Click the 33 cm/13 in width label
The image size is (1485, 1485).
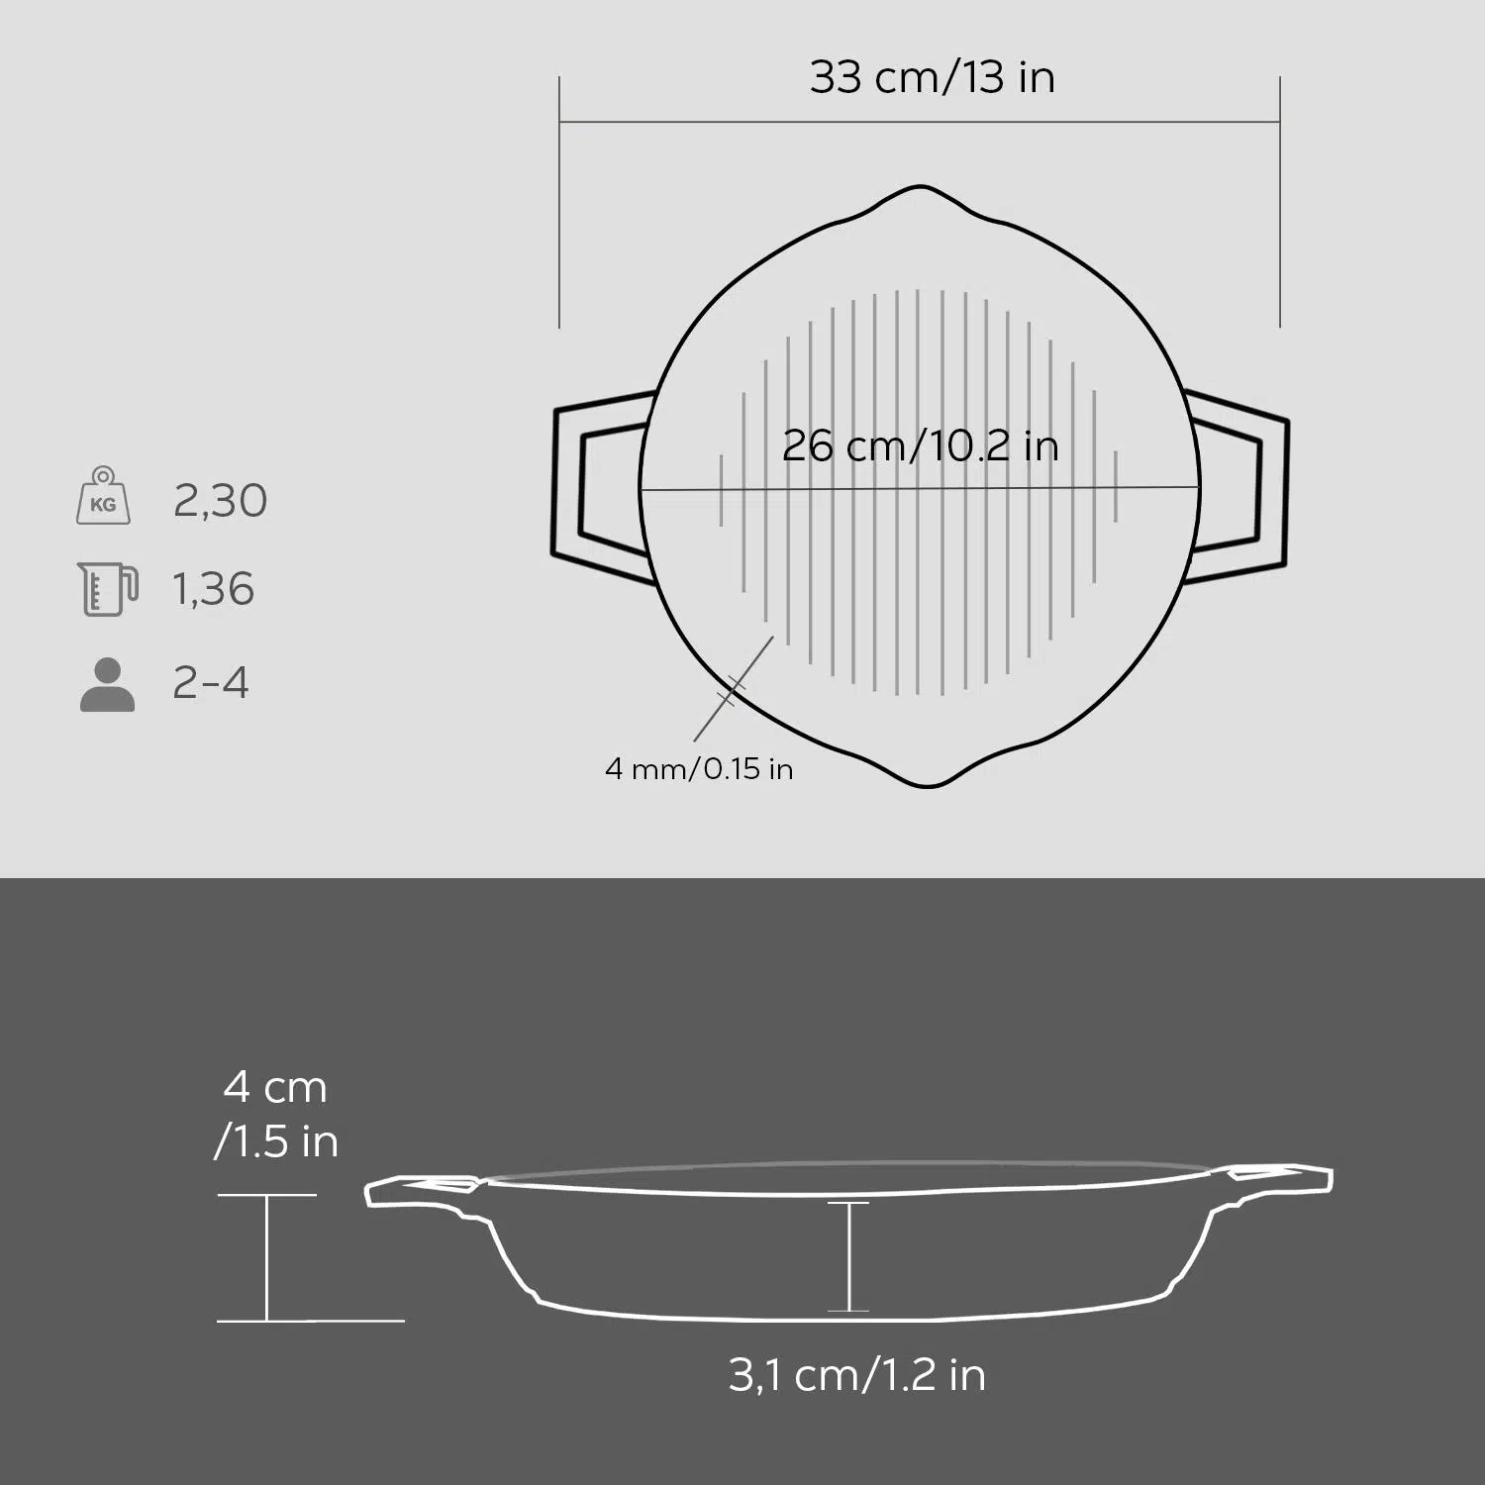click(x=932, y=77)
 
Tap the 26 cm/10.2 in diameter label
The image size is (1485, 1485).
click(x=921, y=445)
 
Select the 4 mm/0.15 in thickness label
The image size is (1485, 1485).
click(x=699, y=768)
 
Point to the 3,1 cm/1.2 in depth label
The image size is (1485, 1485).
click(x=857, y=1375)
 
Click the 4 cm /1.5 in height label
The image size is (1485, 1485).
click(x=276, y=1115)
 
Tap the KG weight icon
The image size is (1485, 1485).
click(x=103, y=496)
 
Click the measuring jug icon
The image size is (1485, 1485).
click(x=107, y=589)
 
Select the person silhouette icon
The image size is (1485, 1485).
click(x=107, y=684)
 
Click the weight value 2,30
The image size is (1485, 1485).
click(x=220, y=501)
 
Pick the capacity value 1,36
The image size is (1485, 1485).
click(x=214, y=589)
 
